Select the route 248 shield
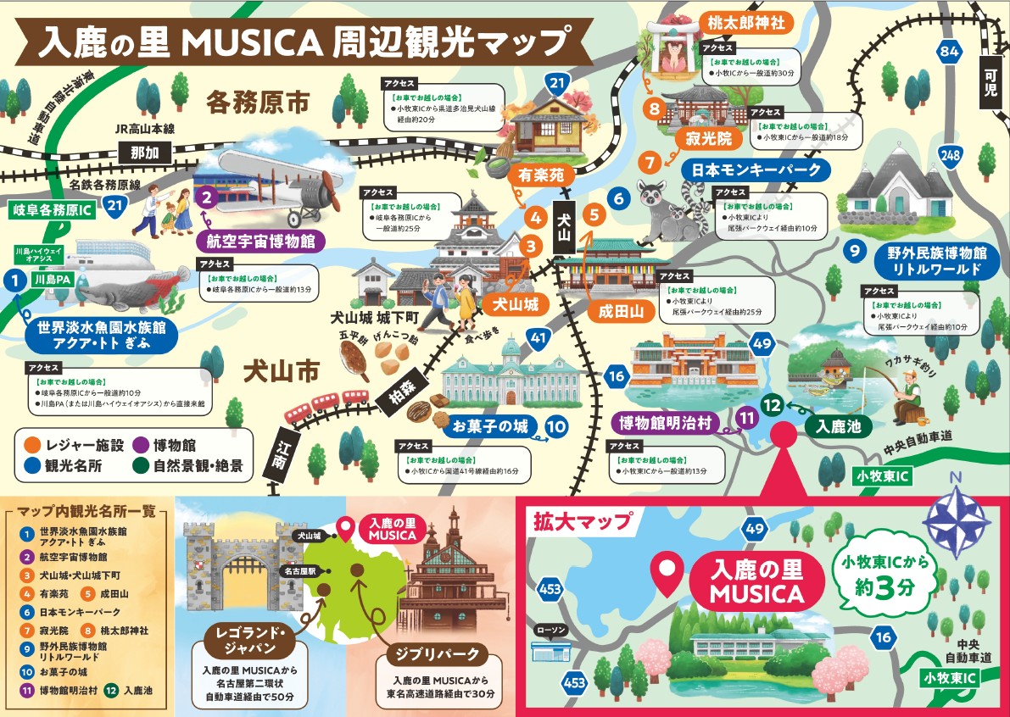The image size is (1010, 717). [x=951, y=154]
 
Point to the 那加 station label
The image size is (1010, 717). [x=144, y=153]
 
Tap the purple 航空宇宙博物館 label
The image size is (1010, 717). [x=260, y=241]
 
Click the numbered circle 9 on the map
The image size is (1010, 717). [x=856, y=251]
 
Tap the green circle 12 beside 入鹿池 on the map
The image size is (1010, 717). [x=772, y=405]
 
